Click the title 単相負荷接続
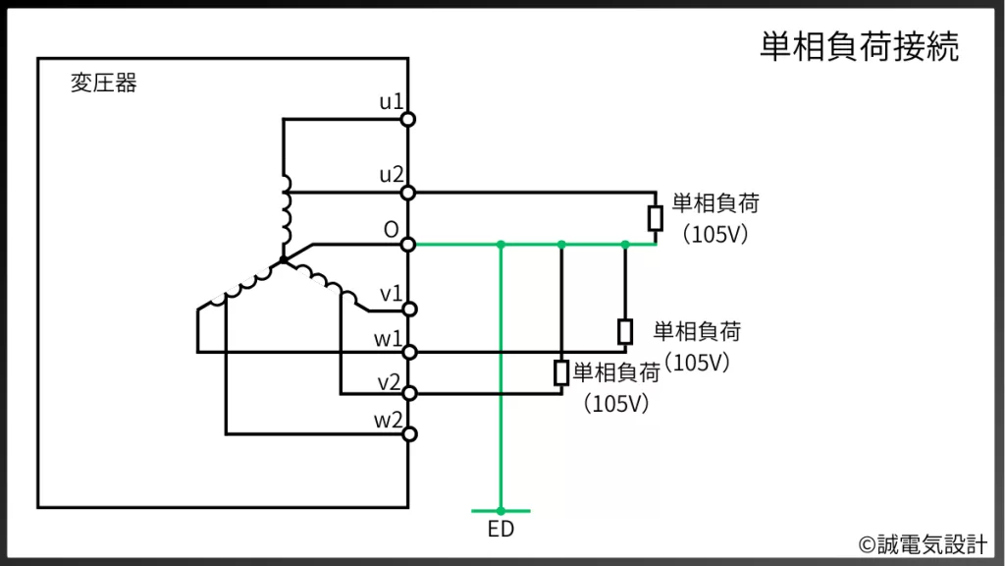[x=859, y=47]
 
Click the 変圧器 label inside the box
[x=104, y=84]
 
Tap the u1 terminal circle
[x=408, y=120]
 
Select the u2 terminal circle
[x=408, y=193]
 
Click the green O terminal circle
[x=408, y=244]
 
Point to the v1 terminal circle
[x=408, y=310]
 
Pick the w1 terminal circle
[x=408, y=352]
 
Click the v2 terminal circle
[x=408, y=394]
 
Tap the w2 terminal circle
[x=408, y=433]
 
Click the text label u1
[x=391, y=102]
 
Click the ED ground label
[x=501, y=531]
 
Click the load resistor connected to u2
[x=656, y=218]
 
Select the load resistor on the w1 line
[x=625, y=331]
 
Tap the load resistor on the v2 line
[x=561, y=371]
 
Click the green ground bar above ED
[x=501, y=511]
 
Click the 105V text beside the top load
[x=714, y=235]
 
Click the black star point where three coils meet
[x=283, y=260]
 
